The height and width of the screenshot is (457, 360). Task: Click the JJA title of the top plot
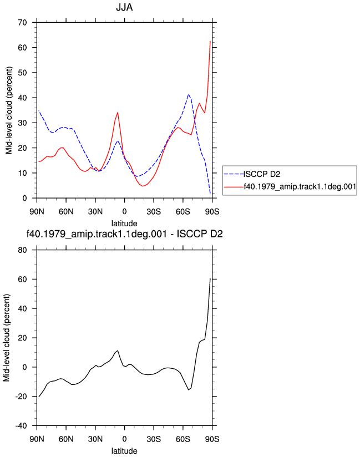coord(124,7)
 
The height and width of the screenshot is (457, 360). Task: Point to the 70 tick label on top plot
coord(22,22)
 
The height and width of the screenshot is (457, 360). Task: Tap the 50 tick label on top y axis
coord(22,73)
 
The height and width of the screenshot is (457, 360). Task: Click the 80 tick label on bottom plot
coord(22,250)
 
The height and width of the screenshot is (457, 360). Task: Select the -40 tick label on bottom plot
coord(21,426)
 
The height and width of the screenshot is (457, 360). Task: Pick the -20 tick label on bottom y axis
coord(21,397)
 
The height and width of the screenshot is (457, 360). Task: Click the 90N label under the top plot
coord(37,211)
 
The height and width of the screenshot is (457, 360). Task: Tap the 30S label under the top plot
coord(154,211)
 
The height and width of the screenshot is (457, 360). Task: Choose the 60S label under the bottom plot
coord(182,439)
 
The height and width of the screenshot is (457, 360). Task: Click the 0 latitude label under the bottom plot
coord(124,439)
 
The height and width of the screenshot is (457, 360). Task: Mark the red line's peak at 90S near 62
coord(210,42)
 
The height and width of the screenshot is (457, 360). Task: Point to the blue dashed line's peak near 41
coord(189,95)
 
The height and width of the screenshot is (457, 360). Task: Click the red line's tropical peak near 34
coord(118,113)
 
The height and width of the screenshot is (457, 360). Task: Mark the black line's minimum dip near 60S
coord(189,390)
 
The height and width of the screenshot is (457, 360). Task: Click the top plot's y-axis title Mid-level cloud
coord(9,110)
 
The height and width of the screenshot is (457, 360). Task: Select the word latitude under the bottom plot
coord(124,451)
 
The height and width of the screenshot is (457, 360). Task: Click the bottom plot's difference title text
coord(124,233)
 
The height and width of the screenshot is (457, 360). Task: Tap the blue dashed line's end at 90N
coord(39,111)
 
